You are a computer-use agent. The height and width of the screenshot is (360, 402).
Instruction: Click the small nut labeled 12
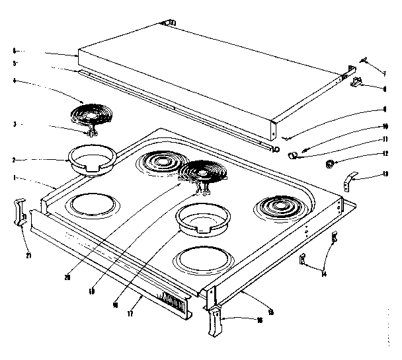pyautogui.click(x=329, y=163)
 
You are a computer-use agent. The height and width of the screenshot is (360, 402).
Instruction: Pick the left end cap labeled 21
pyautogui.click(x=19, y=211)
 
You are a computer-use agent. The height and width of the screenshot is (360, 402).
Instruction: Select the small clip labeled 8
pyautogui.click(x=358, y=83)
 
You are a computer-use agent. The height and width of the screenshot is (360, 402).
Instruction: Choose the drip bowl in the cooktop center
pyautogui.click(x=203, y=217)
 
